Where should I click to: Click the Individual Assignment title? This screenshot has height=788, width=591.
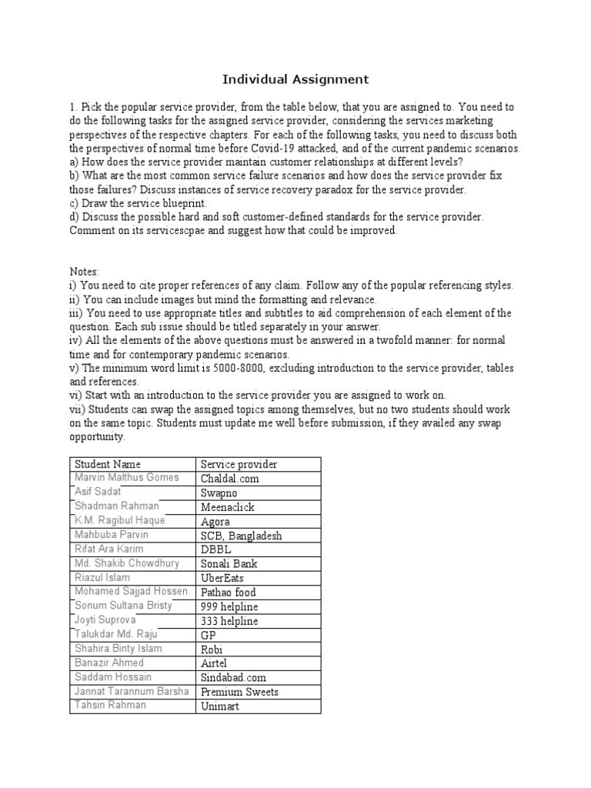(295, 79)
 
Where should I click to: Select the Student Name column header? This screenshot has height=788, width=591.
(105, 464)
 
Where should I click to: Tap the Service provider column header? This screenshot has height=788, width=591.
(239, 464)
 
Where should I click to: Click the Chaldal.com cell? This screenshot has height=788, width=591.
(229, 479)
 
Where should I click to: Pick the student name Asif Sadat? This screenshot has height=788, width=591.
(98, 492)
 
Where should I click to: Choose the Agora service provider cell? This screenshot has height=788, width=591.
(215, 521)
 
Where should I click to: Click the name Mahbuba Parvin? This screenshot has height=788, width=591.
(112, 534)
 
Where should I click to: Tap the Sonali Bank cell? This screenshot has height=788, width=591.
(229, 563)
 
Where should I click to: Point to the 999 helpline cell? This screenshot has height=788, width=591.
(229, 606)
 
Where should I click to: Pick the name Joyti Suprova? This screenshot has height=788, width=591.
(105, 619)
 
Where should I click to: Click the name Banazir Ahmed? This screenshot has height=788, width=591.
(109, 663)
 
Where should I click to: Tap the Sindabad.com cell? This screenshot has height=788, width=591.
(235, 677)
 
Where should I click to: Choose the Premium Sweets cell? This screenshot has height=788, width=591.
(239, 692)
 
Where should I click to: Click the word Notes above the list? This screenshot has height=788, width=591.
(84, 272)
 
